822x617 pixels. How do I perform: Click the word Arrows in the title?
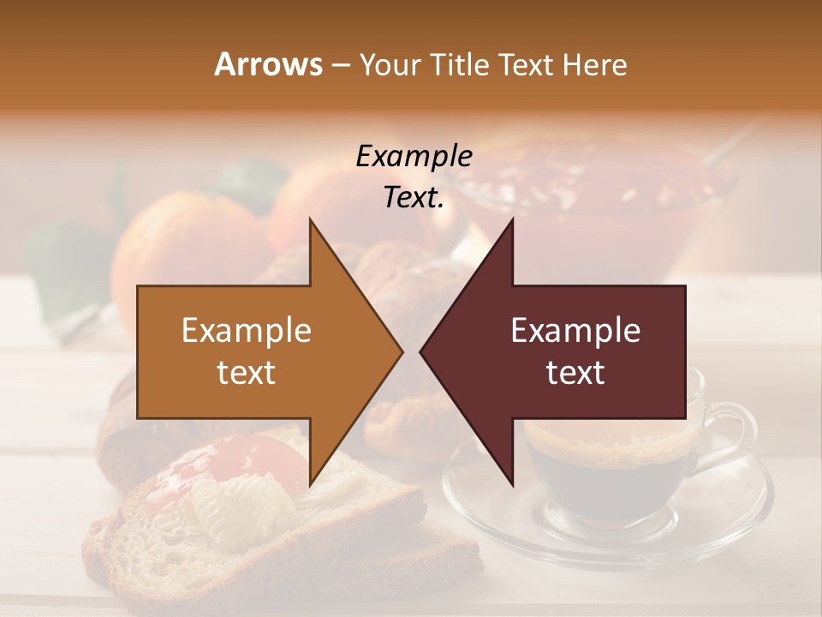268,64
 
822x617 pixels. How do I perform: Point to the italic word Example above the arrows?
414,156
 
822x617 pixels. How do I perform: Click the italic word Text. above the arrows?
414,197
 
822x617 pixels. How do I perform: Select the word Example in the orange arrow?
247,330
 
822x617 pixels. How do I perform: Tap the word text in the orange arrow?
247,373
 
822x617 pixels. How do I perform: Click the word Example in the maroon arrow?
575,330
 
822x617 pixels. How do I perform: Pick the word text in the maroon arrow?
575,373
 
